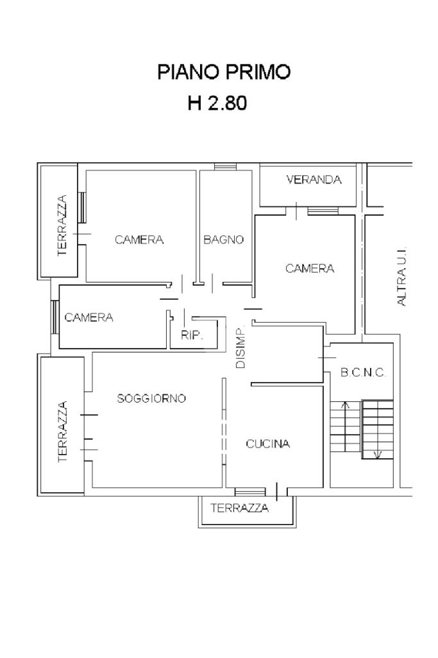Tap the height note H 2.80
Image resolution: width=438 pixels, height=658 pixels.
click(x=217, y=103)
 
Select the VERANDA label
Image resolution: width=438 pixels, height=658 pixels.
click(x=314, y=180)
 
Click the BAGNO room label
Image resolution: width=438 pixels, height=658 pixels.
click(x=224, y=240)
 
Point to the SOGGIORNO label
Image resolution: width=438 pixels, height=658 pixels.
click(x=151, y=399)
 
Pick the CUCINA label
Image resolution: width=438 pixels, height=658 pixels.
click(x=268, y=444)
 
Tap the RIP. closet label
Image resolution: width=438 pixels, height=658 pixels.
click(x=192, y=334)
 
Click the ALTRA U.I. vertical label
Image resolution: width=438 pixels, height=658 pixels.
click(x=402, y=277)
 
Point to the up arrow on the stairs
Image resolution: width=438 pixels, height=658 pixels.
click(x=345, y=405)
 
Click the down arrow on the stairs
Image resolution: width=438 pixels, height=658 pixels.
click(x=378, y=455)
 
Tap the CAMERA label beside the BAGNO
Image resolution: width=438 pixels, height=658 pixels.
click(x=139, y=240)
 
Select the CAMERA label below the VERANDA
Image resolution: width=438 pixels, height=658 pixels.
click(x=310, y=269)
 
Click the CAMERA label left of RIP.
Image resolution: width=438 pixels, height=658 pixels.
click(x=88, y=317)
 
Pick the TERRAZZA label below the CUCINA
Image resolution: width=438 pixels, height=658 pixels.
click(x=239, y=508)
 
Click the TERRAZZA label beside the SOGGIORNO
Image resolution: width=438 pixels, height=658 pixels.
click(x=62, y=431)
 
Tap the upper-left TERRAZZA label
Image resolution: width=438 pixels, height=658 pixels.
click(x=62, y=226)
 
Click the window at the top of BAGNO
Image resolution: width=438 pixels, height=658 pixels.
click(x=224, y=167)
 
